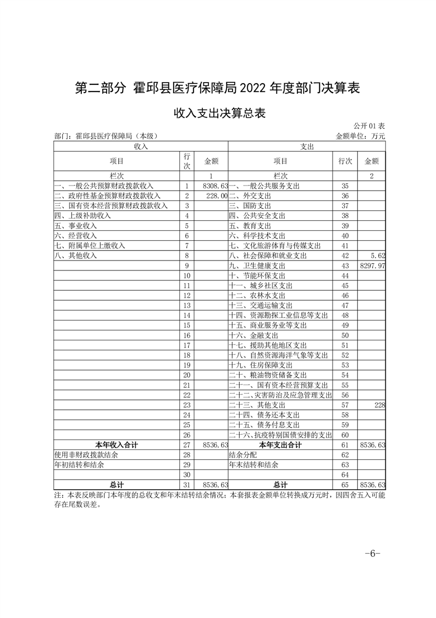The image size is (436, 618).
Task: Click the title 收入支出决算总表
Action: [219, 114]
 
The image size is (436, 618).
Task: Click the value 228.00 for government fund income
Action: [216, 196]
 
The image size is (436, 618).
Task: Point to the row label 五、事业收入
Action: [75, 225]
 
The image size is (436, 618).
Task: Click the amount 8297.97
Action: [372, 265]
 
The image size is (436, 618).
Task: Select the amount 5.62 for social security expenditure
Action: [378, 256]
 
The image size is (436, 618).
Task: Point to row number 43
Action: [345, 265]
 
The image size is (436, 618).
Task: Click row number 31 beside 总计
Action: [187, 485]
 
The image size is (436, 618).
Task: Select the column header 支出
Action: [307, 147]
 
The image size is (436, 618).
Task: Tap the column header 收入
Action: [141, 147]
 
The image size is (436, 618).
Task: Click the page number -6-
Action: [372, 553]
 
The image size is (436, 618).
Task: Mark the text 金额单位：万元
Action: [361, 136]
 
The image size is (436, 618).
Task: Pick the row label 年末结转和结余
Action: [253, 464]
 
